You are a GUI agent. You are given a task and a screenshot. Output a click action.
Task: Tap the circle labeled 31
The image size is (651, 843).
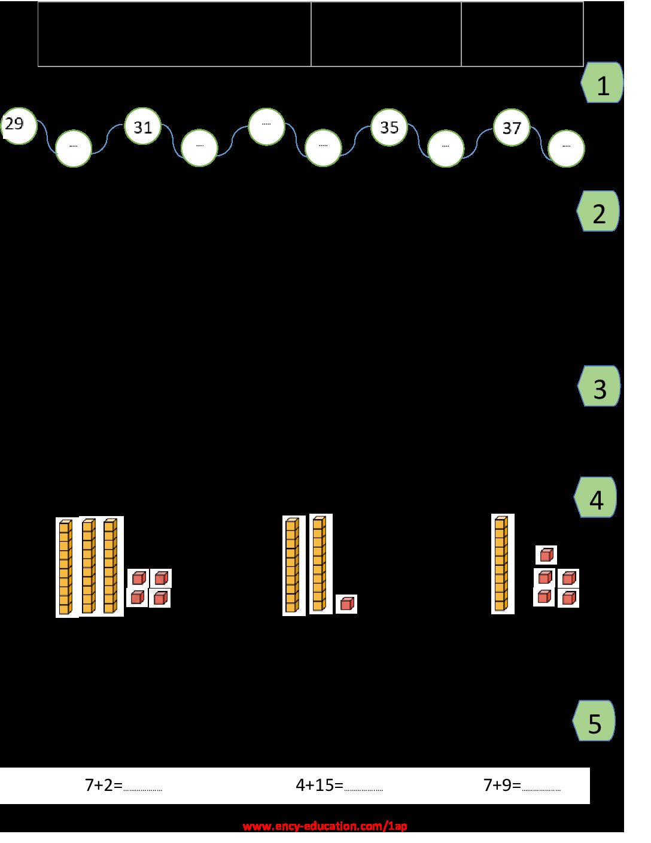142,126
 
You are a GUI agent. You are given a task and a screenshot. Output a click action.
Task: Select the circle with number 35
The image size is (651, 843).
389,128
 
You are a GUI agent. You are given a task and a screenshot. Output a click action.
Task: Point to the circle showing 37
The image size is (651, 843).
512,128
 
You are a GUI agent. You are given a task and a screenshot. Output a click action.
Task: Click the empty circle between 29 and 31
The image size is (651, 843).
74,148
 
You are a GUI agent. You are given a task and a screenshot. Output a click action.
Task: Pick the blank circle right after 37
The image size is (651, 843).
566,148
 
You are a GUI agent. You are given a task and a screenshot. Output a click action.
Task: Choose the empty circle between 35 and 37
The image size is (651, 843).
446,148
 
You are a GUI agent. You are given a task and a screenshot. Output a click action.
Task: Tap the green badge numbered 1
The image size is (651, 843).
602,83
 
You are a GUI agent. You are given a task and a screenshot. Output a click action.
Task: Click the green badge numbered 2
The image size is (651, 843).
598,211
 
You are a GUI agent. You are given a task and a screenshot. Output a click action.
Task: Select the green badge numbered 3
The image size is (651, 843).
599,386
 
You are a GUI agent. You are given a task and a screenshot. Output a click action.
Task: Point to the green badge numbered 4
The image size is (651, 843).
595,498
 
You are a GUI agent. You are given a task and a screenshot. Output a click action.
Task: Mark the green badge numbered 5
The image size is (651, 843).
594,721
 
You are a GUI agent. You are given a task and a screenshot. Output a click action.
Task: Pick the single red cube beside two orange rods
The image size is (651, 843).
346,604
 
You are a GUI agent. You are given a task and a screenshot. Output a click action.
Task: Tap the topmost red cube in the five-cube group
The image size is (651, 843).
546,555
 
